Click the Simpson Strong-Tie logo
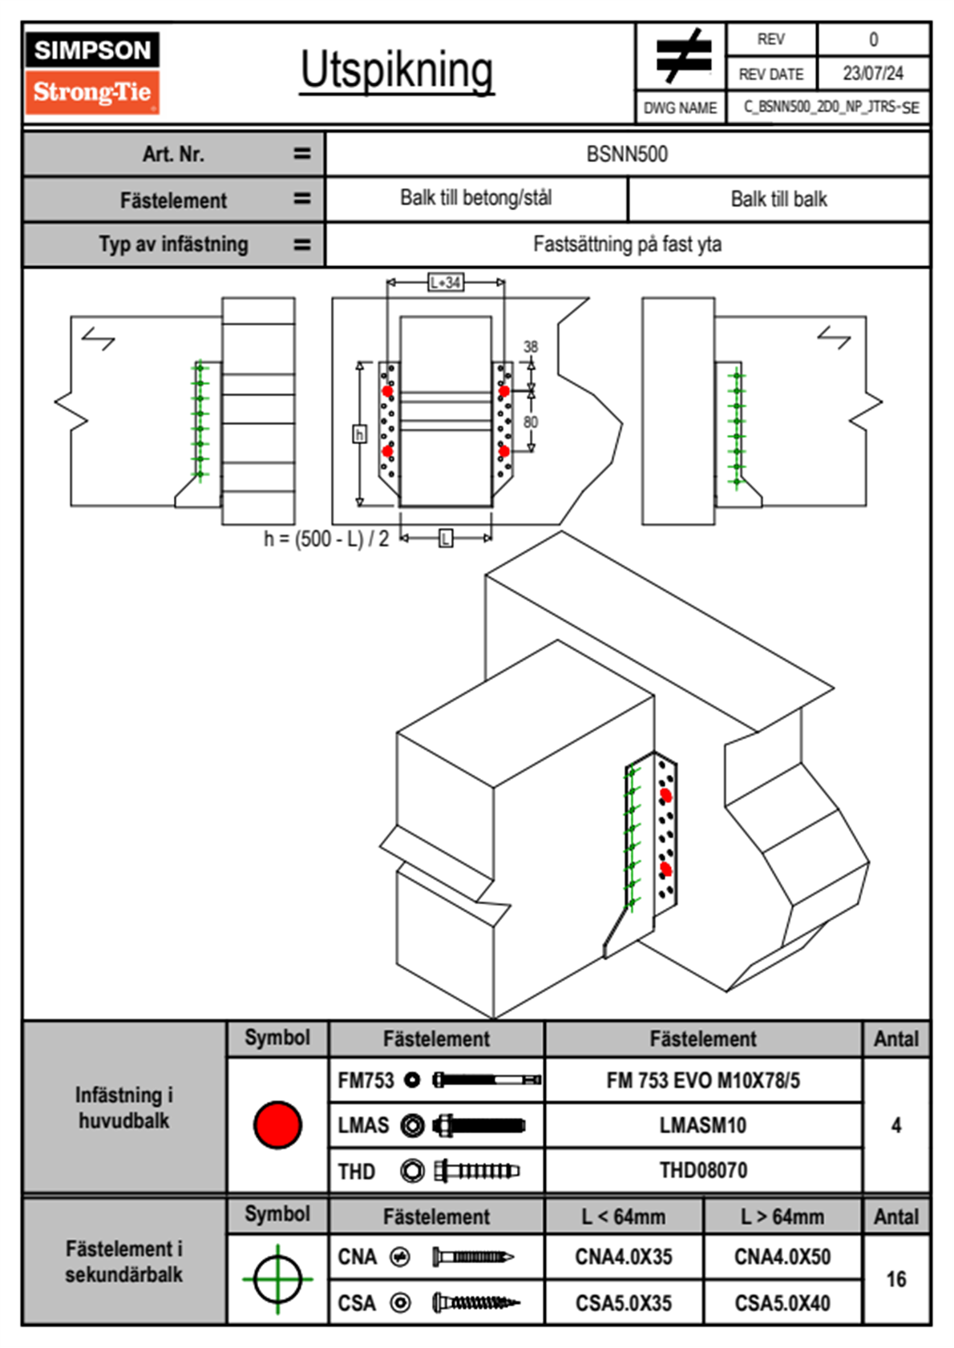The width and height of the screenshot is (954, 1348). [92, 72]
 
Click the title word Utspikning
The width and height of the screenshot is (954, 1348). [397, 71]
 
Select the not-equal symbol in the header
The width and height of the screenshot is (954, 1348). [682, 56]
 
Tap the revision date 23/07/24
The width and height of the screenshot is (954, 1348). [872, 74]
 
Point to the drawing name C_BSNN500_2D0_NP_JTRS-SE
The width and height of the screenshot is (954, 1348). [831, 107]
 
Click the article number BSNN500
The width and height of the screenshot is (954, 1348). [627, 154]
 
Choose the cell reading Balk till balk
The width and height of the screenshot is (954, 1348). [778, 199]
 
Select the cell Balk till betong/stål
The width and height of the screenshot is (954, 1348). [476, 198]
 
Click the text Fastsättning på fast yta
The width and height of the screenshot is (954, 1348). [627, 244]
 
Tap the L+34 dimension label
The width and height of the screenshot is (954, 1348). [446, 282]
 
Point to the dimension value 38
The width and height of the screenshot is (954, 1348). [531, 346]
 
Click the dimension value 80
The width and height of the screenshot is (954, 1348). [531, 422]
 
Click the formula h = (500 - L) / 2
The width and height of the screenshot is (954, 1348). [326, 539]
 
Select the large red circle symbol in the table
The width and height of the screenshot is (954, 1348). [277, 1124]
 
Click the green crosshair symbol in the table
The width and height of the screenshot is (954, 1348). [277, 1279]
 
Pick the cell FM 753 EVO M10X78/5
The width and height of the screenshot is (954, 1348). [703, 1080]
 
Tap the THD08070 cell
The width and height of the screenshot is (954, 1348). [703, 1171]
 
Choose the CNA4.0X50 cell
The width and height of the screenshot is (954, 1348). [782, 1257]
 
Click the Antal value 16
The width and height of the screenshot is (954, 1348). [895, 1279]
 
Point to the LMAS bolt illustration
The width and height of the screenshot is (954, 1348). [478, 1125]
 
